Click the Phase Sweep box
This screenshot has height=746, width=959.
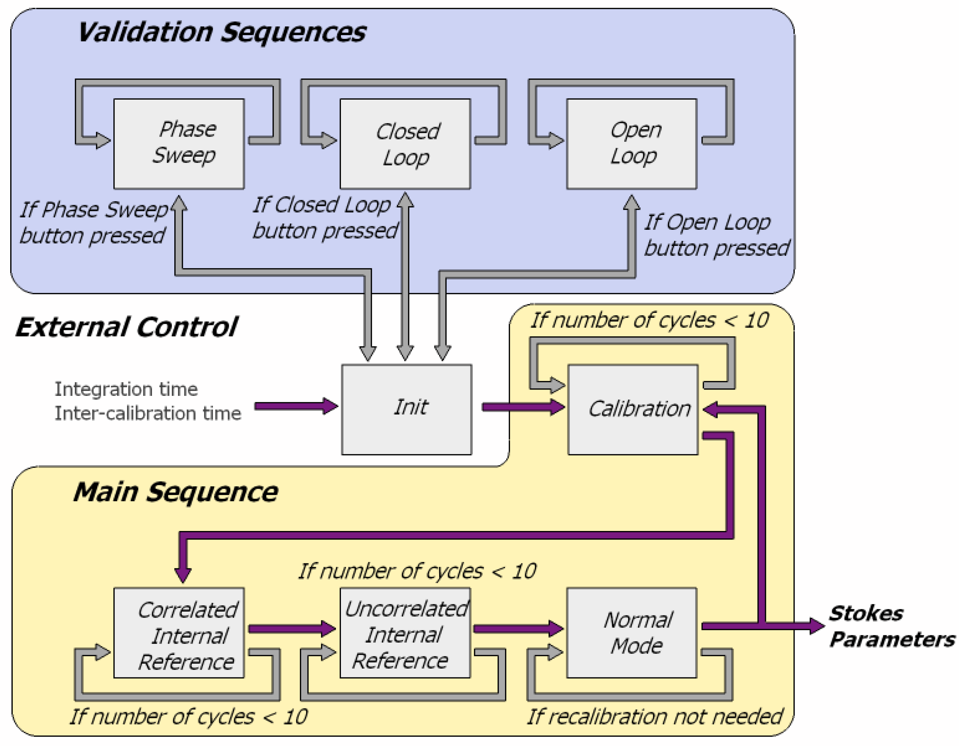pyautogui.click(x=179, y=144)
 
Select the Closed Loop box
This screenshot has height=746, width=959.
pyautogui.click(x=405, y=144)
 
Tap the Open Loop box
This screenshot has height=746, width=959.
pyautogui.click(x=631, y=144)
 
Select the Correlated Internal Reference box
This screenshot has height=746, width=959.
pyautogui.click(x=179, y=633)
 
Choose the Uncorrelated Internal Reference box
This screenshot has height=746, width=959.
pyautogui.click(x=405, y=633)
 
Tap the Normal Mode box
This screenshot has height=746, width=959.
pyautogui.click(x=631, y=633)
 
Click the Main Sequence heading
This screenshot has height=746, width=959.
pyautogui.click(x=176, y=492)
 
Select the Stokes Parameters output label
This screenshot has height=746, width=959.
pyautogui.click(x=891, y=626)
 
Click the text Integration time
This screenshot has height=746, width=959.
pyautogui.click(x=126, y=389)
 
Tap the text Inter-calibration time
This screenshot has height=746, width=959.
pyautogui.click(x=148, y=413)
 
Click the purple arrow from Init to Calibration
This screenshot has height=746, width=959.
pyautogui.click(x=523, y=407)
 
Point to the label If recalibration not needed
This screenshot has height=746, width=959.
pyautogui.click(x=654, y=716)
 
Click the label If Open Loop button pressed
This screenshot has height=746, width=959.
pyautogui.click(x=716, y=235)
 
